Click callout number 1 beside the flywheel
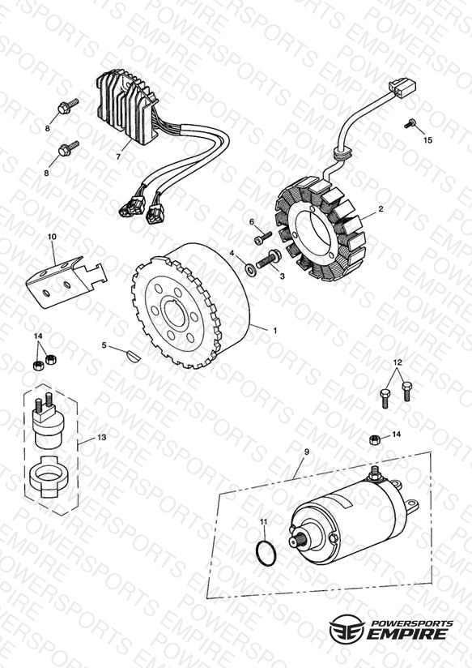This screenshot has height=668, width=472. click(275, 331)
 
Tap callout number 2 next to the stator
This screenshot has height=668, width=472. click(381, 209)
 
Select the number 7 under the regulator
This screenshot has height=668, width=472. click(118, 156)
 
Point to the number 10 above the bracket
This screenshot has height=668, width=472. click(52, 237)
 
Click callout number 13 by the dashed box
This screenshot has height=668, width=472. click(102, 438)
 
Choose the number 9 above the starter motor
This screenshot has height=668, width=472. click(307, 452)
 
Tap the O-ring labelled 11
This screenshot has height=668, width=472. click(266, 553)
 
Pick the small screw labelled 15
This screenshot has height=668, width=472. click(411, 122)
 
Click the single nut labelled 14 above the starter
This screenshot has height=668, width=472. click(374, 439)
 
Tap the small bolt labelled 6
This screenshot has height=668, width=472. click(262, 238)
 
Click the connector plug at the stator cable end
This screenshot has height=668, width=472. click(402, 88)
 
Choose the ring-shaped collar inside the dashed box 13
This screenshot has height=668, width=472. click(48, 477)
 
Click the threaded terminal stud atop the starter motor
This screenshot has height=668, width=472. click(375, 472)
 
